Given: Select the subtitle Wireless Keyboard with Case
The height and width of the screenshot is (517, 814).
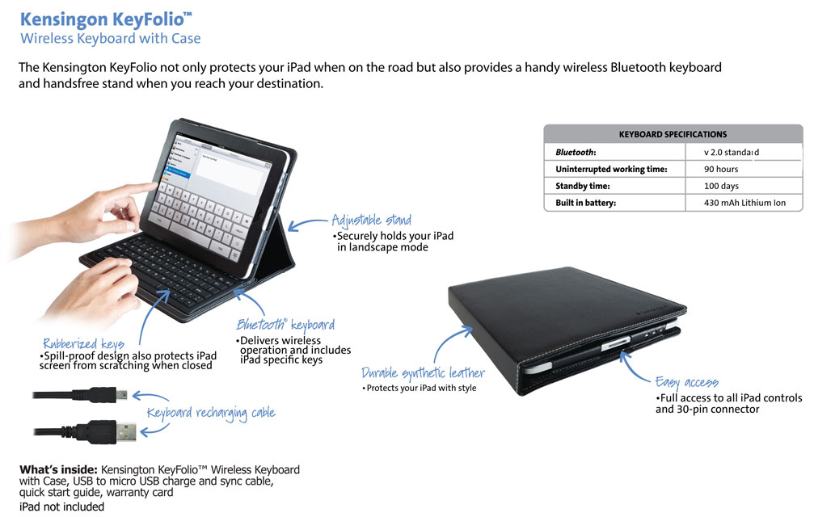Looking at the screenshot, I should pos(111,39).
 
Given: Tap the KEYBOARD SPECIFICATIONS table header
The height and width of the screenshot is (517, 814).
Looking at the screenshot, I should pos(673,134).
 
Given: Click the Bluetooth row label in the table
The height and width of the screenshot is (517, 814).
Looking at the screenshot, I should pos(576,152).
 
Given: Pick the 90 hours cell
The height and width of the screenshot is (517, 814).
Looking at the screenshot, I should pos(721,169).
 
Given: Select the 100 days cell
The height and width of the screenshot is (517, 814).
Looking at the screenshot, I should pos(721,186).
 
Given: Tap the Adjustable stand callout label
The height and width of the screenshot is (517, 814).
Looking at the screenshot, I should pos(371,220).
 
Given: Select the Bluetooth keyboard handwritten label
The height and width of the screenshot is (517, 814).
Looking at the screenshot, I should pos(285,325).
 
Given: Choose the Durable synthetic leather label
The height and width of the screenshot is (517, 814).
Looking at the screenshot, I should pos(423,373).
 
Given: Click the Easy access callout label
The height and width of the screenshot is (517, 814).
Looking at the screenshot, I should pos(687,382).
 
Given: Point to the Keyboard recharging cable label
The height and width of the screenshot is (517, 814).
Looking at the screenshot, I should pos(211,413).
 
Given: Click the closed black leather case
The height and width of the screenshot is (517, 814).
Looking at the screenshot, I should pos(566,323).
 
